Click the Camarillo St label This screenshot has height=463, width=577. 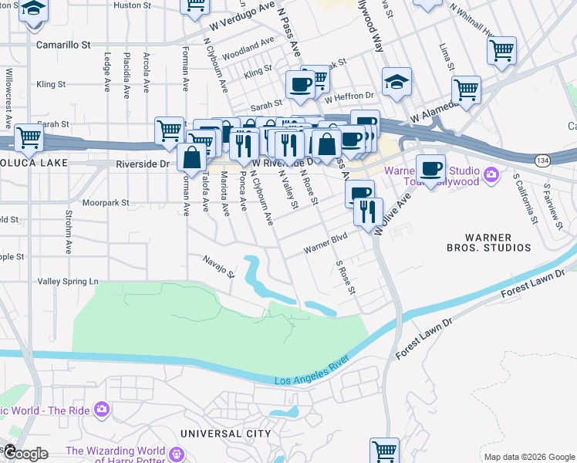pos(63,45)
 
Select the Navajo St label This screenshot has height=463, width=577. pos(219,267)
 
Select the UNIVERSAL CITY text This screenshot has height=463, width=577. pos(225,434)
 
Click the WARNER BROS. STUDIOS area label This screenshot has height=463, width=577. pos(499,242)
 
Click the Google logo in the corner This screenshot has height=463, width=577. pos(25,454)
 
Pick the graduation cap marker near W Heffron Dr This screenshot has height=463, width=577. pos(396,82)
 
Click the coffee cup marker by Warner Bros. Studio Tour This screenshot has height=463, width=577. pos(430,167)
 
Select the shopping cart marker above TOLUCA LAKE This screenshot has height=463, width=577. pos(29,137)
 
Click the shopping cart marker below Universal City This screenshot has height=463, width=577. pos(383,450)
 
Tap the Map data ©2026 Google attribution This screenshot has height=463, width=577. pos(529,457)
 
